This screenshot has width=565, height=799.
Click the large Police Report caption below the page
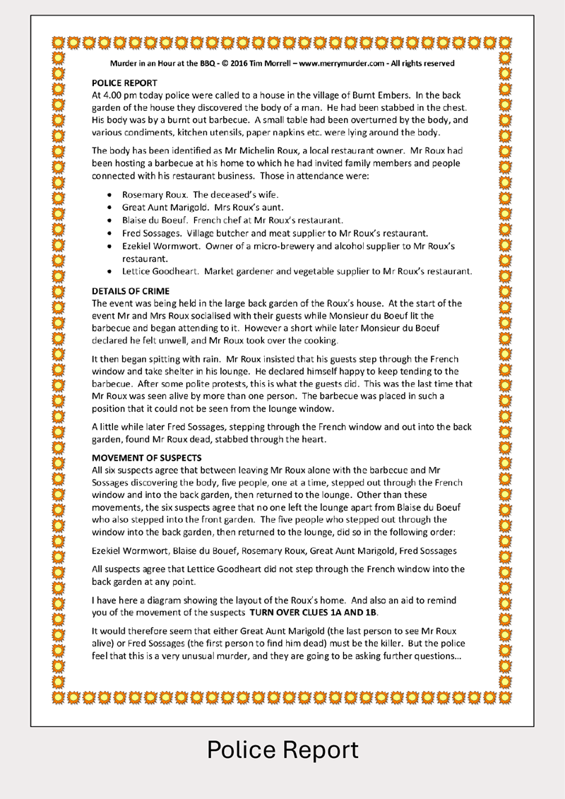282,750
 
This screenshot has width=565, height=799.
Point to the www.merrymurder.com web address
335,64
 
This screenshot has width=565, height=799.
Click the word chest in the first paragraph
453,107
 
